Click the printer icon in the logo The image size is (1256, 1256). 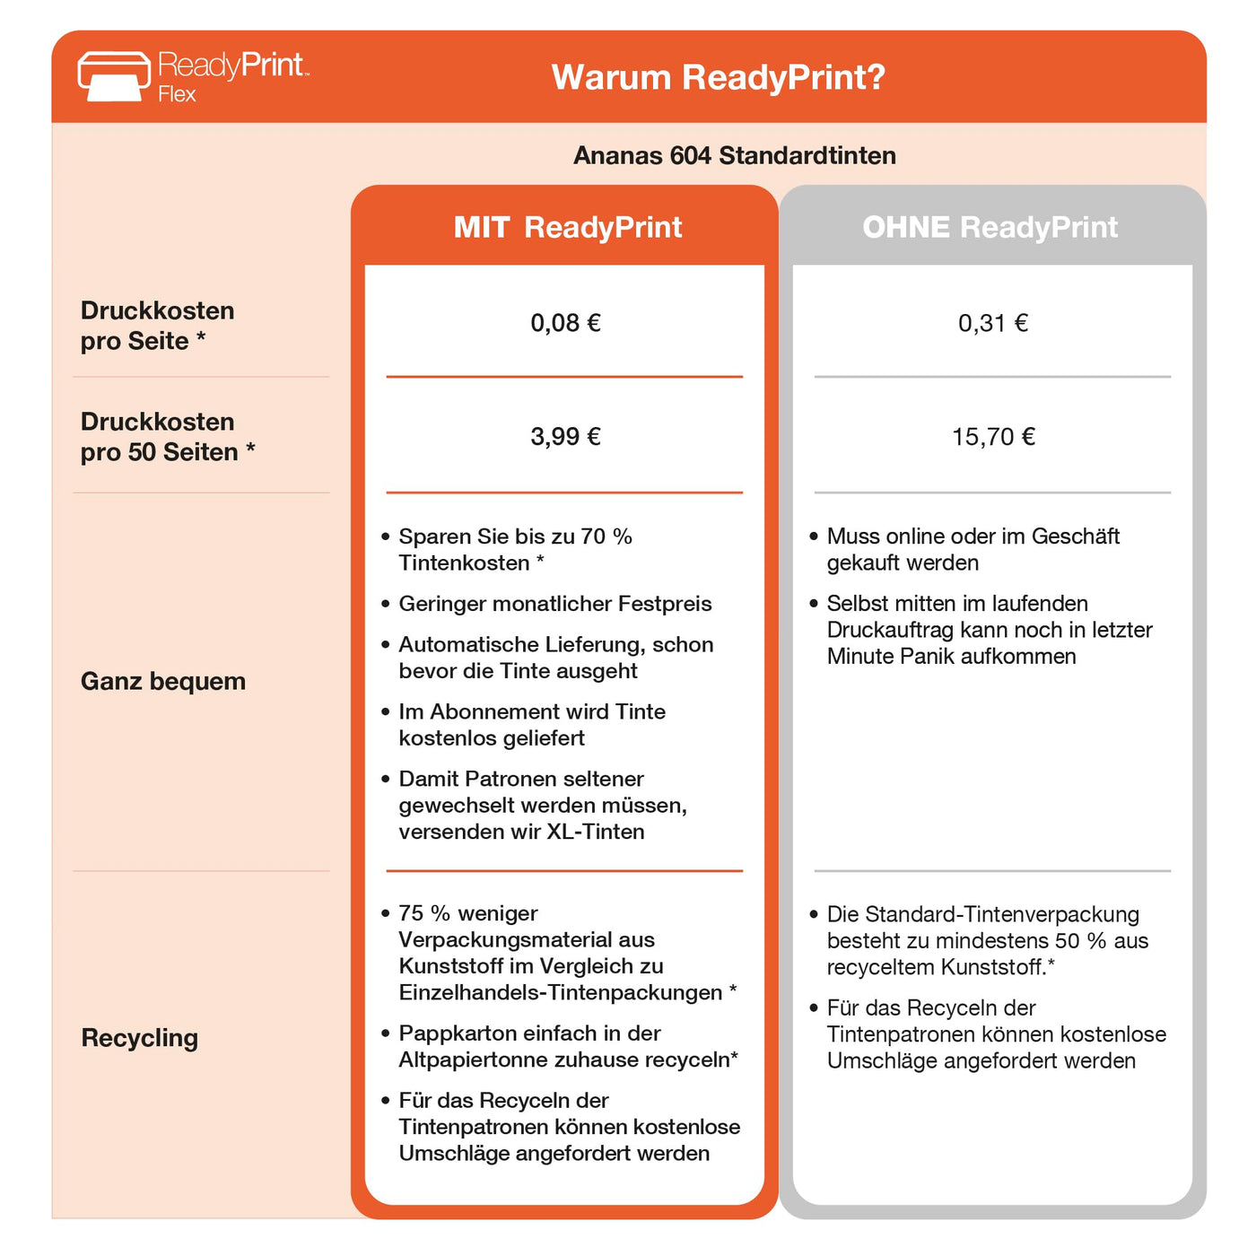[114, 76]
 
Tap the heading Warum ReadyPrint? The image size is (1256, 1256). [718, 77]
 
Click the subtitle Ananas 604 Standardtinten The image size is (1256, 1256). [734, 155]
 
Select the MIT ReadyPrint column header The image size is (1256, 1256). [567, 227]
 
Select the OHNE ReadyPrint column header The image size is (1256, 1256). [990, 227]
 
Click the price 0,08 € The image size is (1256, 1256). [565, 323]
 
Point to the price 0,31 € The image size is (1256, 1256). [992, 323]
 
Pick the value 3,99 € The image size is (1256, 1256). [565, 437]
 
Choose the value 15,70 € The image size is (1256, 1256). [992, 437]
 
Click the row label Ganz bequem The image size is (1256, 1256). [163, 681]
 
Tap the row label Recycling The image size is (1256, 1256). [140, 1038]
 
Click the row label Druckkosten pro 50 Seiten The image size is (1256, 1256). [167, 437]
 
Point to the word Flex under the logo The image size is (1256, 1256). [177, 94]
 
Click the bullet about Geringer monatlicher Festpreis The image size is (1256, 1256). [554, 604]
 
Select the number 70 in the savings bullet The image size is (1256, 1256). [593, 536]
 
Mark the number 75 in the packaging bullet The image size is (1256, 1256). [411, 913]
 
